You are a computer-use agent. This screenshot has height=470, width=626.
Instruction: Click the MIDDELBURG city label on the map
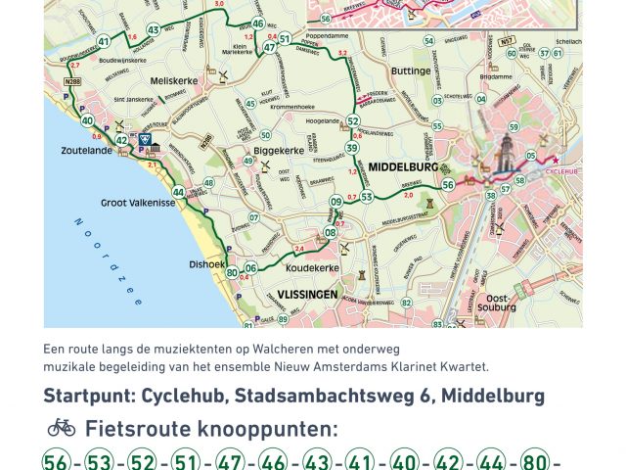[x=402, y=167]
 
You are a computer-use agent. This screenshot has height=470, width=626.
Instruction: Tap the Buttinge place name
[x=410, y=70]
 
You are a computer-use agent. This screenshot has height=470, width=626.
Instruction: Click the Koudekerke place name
[x=315, y=267]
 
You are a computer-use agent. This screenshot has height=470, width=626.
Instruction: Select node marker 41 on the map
[x=104, y=42]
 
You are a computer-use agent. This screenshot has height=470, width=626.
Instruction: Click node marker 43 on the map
[x=153, y=29]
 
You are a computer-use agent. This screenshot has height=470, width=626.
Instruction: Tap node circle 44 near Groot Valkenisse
[x=178, y=192]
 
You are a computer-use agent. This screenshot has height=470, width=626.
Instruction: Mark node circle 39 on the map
[x=351, y=148]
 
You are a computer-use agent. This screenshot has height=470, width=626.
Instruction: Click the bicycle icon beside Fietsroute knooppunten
[x=62, y=427]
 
